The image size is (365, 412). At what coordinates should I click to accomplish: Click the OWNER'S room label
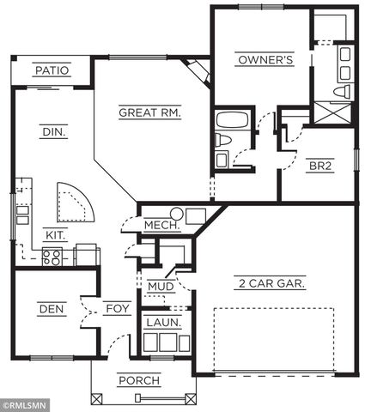(265, 60)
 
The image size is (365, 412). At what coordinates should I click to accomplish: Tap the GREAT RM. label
(149, 112)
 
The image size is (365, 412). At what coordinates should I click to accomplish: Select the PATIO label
(52, 70)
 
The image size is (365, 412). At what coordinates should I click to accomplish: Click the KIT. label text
(57, 232)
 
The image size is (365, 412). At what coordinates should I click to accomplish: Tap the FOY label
(117, 309)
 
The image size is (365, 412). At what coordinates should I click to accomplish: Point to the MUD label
(161, 287)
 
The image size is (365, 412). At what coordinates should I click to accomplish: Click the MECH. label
(161, 226)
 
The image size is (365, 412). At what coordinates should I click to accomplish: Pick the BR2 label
(317, 167)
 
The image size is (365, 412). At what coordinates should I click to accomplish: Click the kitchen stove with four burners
(52, 254)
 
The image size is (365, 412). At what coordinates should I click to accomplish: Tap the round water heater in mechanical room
(177, 214)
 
